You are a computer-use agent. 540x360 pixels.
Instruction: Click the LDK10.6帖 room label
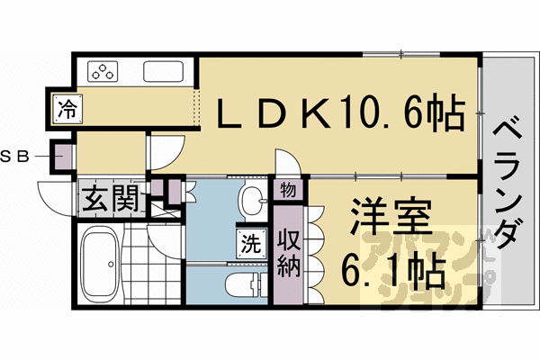[342, 114]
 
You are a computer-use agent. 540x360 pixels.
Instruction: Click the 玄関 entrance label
[110, 198]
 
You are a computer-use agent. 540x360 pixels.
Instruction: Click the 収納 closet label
[289, 256]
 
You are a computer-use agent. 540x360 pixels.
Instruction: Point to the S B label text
[15, 157]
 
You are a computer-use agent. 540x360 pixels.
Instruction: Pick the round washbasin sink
[252, 199]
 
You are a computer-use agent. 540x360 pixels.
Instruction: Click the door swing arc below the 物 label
[285, 164]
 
